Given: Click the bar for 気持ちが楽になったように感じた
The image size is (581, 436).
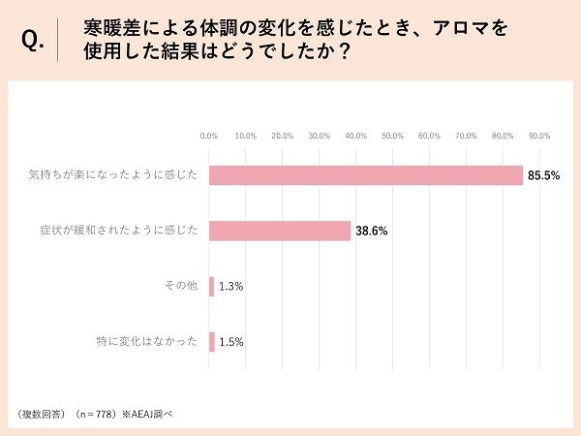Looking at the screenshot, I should [366, 175].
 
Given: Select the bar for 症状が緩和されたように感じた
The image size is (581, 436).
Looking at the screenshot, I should [280, 231].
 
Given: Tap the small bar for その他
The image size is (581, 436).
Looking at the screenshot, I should [211, 287].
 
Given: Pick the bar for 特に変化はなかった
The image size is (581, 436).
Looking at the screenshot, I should [211, 342].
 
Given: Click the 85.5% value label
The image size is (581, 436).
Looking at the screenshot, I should [544, 175].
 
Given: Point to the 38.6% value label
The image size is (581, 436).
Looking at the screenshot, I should [372, 232].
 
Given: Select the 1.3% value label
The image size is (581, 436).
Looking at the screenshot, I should [231, 287].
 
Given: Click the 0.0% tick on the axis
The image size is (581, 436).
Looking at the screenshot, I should [208, 136].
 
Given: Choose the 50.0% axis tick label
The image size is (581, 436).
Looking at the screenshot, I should [392, 136].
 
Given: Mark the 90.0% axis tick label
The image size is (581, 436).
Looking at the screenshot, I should [538, 136].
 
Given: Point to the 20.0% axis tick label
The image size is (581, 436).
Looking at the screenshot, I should [282, 136].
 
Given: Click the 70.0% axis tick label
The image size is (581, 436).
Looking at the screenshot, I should [466, 136].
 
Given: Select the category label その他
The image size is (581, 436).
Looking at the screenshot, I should [182, 287].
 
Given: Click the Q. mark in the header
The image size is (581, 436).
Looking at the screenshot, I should [32, 42].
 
